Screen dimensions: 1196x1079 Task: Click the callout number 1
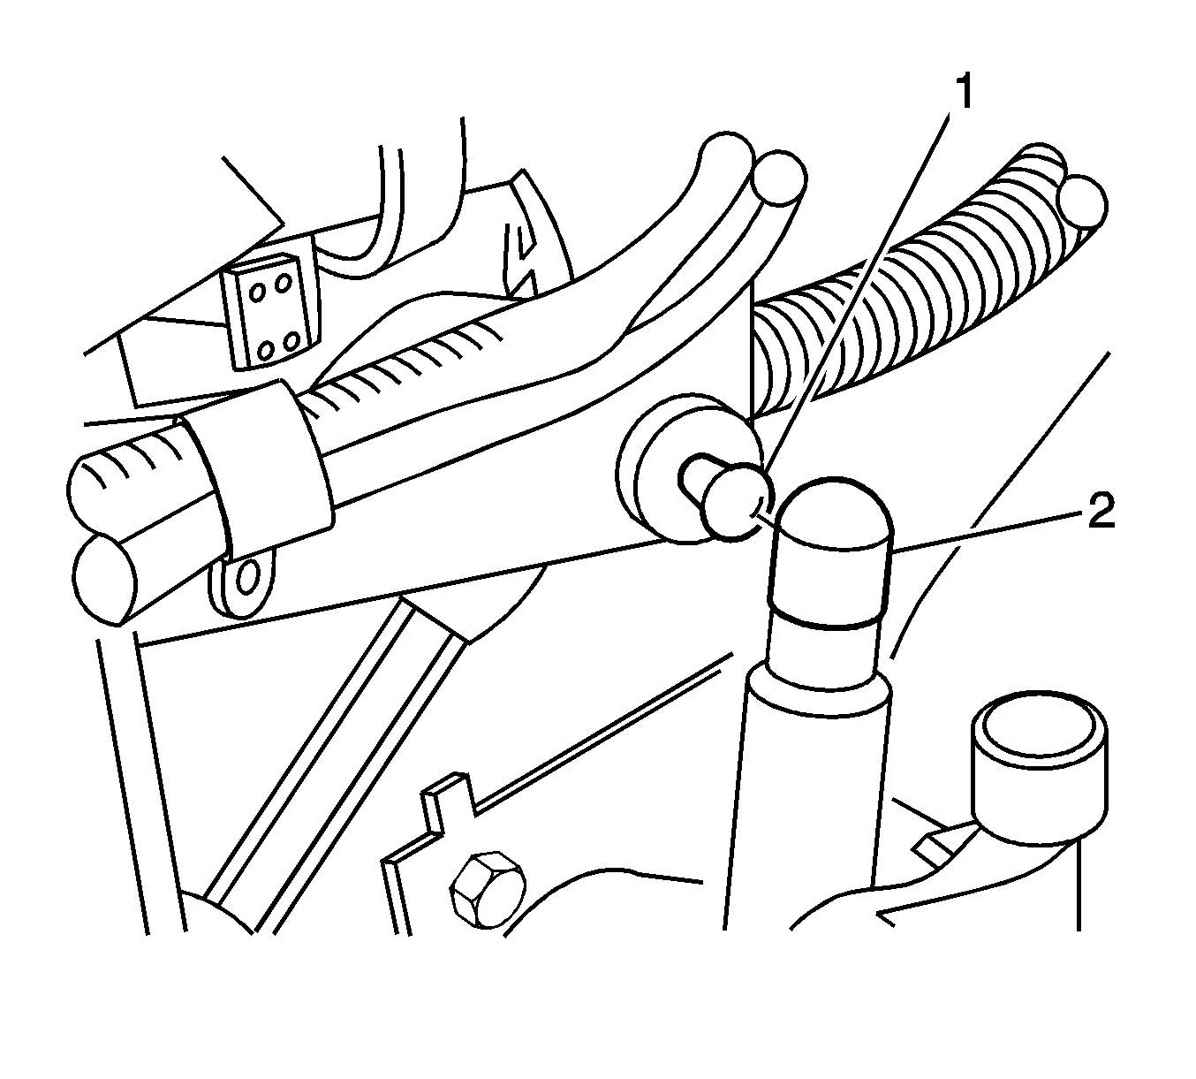coord(963,92)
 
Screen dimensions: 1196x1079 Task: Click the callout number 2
coord(1101,511)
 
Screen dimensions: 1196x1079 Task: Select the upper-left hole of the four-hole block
coord(258,292)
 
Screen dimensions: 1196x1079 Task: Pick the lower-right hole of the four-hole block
coord(291,342)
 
